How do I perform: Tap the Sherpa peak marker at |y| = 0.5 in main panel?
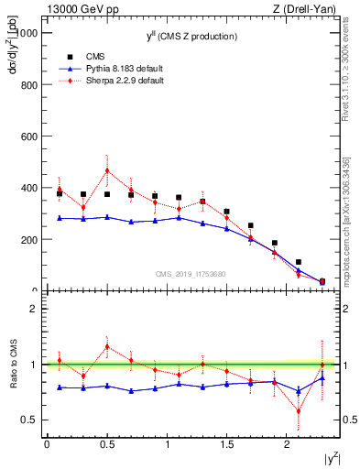[107, 170]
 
